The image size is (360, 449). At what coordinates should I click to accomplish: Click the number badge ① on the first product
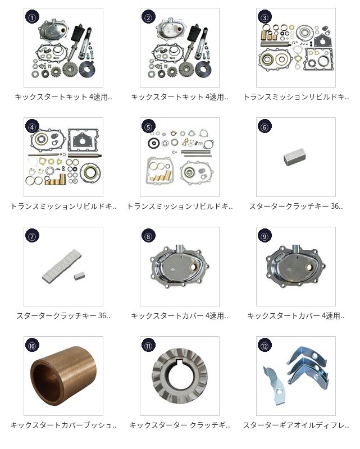pyautogui.click(x=33, y=17)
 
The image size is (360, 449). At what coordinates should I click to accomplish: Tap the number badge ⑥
pyautogui.click(x=265, y=127)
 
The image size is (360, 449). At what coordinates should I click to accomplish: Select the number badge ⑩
pyautogui.click(x=33, y=346)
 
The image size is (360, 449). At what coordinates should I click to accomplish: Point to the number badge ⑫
pyautogui.click(x=265, y=346)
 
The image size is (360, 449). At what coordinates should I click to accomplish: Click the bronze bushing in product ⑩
pyautogui.click(x=63, y=375)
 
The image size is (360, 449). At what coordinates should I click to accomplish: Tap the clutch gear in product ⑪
pyautogui.click(x=180, y=375)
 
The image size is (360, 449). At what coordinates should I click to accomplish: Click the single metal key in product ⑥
pyautogui.click(x=294, y=157)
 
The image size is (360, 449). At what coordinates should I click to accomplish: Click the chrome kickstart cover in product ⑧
pyautogui.click(x=180, y=266)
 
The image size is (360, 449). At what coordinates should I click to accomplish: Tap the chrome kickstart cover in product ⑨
pyautogui.click(x=296, y=266)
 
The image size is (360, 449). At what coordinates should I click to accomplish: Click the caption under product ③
pyautogui.click(x=296, y=97)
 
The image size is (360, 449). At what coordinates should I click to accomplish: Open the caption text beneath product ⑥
pyautogui.click(x=296, y=206)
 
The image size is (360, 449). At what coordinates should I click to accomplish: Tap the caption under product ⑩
pyautogui.click(x=63, y=425)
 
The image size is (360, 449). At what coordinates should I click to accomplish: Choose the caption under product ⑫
pyautogui.click(x=296, y=425)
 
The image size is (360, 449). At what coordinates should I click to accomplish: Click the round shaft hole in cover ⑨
pyautogui.click(x=309, y=268)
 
